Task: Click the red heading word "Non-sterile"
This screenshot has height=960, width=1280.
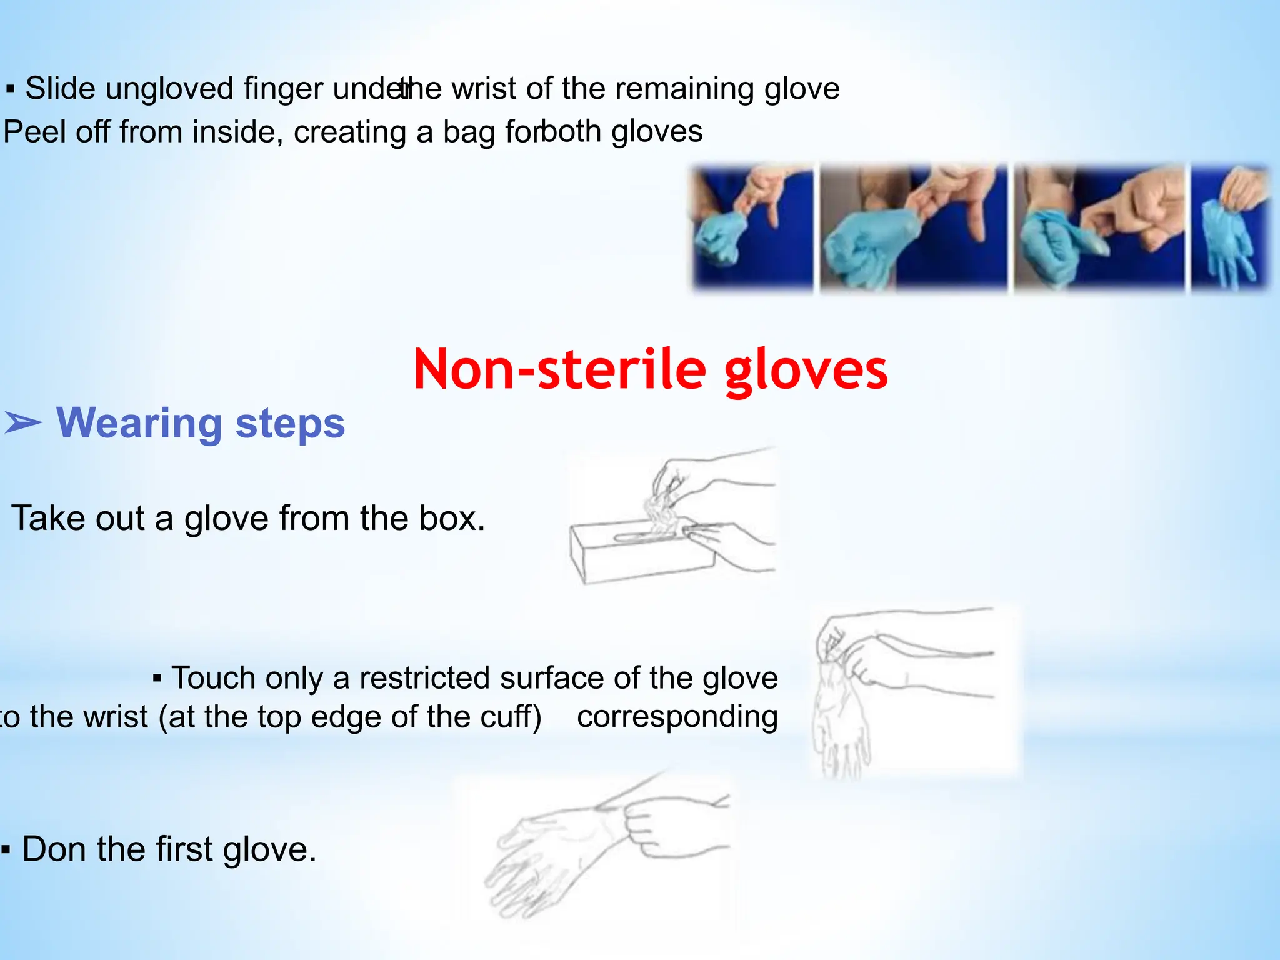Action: pyautogui.click(x=559, y=369)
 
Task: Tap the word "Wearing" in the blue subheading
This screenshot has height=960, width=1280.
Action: pyautogui.click(x=138, y=423)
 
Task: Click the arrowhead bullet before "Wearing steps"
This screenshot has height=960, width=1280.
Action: pyautogui.click(x=22, y=423)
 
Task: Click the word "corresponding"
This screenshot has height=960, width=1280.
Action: pyautogui.click(x=677, y=717)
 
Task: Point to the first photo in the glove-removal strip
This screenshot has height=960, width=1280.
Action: pyautogui.click(x=753, y=227)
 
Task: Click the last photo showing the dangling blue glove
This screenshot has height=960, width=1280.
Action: pyautogui.click(x=1231, y=227)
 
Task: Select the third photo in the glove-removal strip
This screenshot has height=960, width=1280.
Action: pyautogui.click(x=1099, y=227)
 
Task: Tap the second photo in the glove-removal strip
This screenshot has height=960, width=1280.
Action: pyautogui.click(x=913, y=227)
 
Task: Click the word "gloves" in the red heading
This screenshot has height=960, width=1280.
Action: pyautogui.click(x=806, y=369)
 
